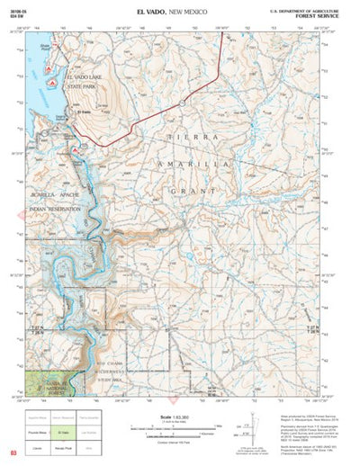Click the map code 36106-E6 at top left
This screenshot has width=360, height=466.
[x=17, y=8]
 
